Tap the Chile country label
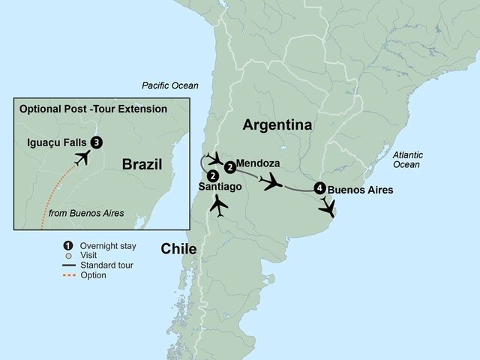tap(178, 248)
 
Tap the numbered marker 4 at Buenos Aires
tap(321, 188)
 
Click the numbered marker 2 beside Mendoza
tap(229, 167)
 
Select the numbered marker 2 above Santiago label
tap(212, 175)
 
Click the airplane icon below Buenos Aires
tap(326, 207)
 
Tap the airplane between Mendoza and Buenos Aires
tap(271, 181)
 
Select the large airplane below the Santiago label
tap(218, 205)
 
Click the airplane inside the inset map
tap(81, 157)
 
